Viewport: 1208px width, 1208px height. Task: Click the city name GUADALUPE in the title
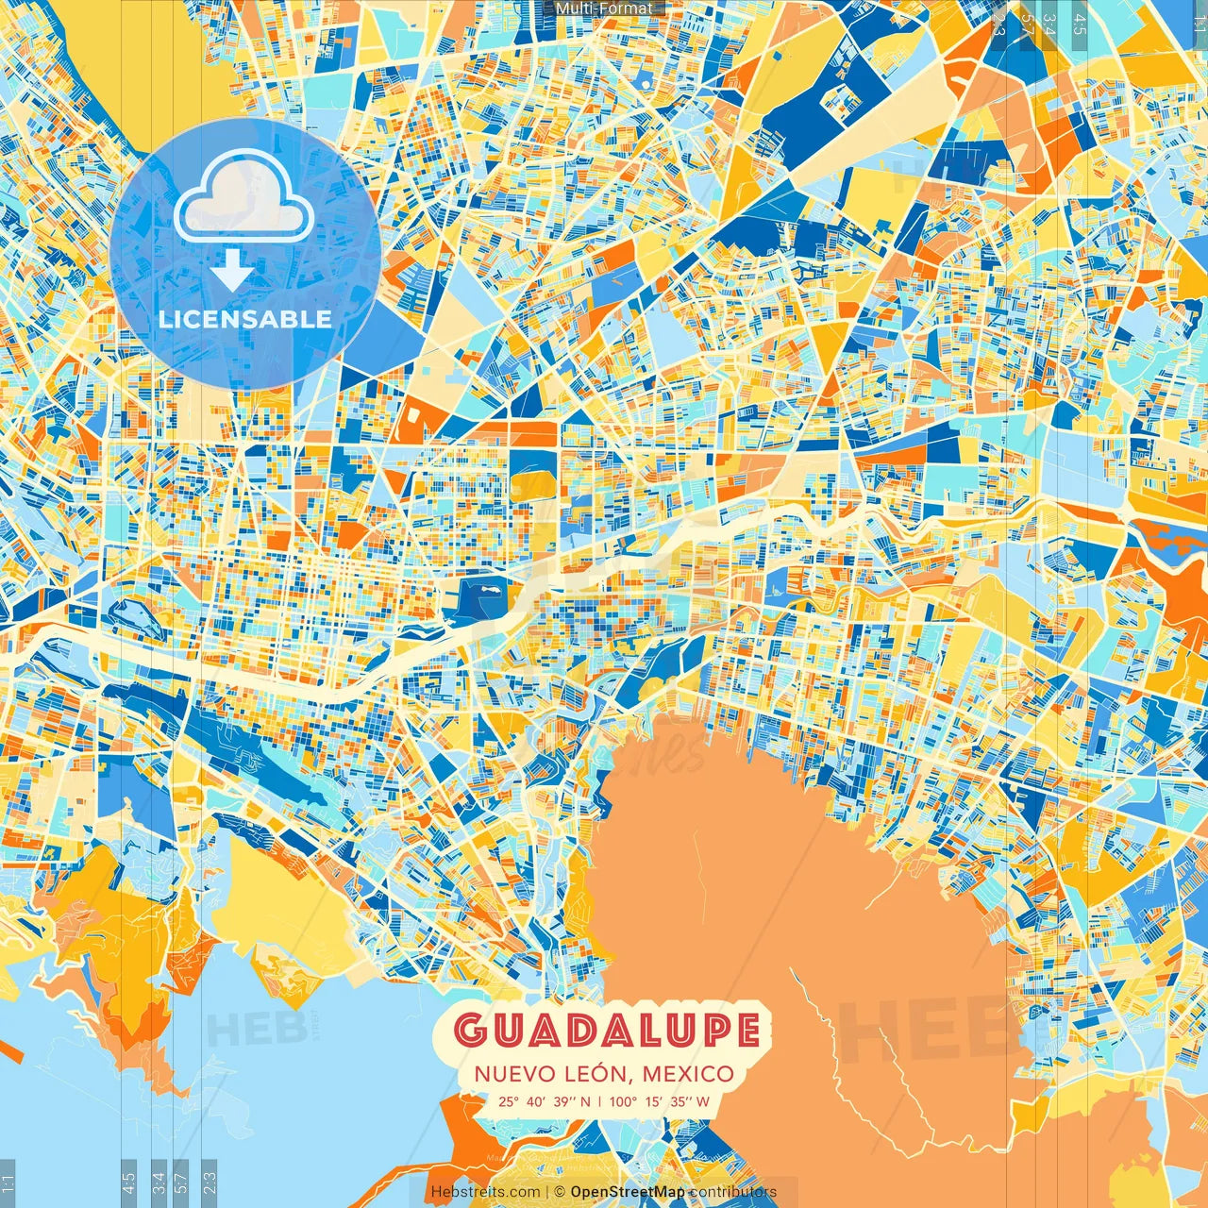pos(607,1030)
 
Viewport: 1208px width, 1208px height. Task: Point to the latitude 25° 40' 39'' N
pos(545,1101)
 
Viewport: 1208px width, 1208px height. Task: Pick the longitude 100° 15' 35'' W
pos(660,1101)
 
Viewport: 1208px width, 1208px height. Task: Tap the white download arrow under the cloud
pos(231,272)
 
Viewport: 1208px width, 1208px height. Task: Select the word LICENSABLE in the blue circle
pos(245,319)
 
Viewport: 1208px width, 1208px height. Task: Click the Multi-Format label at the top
pos(604,8)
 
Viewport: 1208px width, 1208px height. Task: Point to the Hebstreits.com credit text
pos(485,1192)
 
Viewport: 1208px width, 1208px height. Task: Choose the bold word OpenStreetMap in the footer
pos(628,1192)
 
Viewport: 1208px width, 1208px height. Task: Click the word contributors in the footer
pos(732,1192)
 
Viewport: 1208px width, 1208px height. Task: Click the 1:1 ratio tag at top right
pos(1200,21)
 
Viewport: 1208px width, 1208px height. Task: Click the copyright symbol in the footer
pos(559,1192)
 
